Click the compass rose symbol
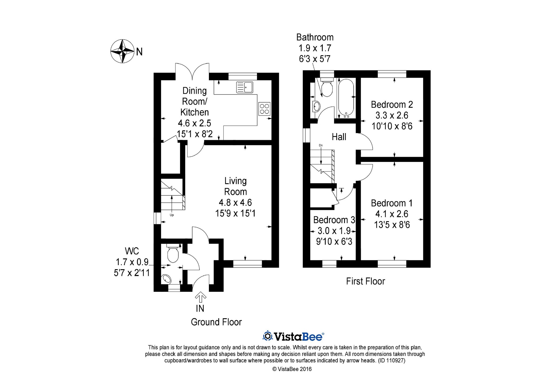tap(122, 51)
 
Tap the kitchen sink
tap(244, 87)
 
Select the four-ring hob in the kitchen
tap(264, 109)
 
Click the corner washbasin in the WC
tap(167, 279)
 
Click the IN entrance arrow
tap(200, 297)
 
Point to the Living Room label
tap(235, 186)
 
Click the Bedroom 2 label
tap(392, 105)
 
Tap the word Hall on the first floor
tap(339, 137)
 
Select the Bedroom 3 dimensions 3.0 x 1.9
tap(334, 231)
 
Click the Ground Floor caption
tap(216, 322)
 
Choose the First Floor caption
tap(365, 281)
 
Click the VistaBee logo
tap(293, 336)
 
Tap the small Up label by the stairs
tap(172, 215)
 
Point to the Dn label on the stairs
tap(321, 145)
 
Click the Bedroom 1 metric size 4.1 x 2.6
tap(392, 214)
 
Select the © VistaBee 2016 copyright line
tap(292, 369)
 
